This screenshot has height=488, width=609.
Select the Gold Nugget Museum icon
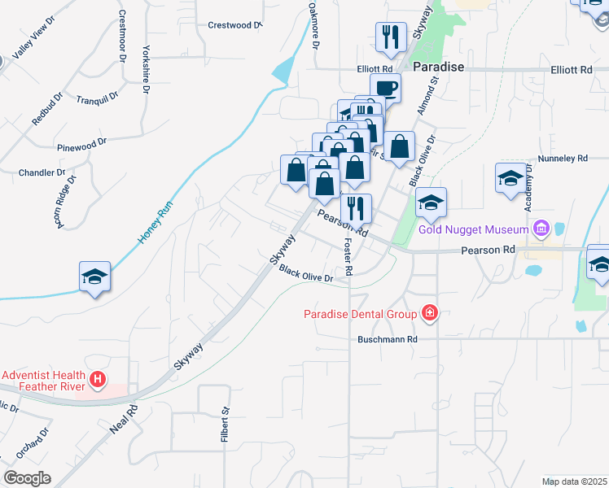click(540, 229)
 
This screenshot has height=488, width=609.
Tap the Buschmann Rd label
click(388, 338)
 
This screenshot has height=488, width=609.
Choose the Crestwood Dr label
click(235, 25)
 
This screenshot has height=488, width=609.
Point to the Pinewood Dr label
click(82, 145)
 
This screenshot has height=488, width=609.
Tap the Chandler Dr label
click(42, 172)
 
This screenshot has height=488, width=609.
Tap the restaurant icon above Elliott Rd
click(391, 37)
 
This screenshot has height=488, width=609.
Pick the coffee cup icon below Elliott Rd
click(385, 88)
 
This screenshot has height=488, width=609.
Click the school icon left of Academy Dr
click(510, 179)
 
